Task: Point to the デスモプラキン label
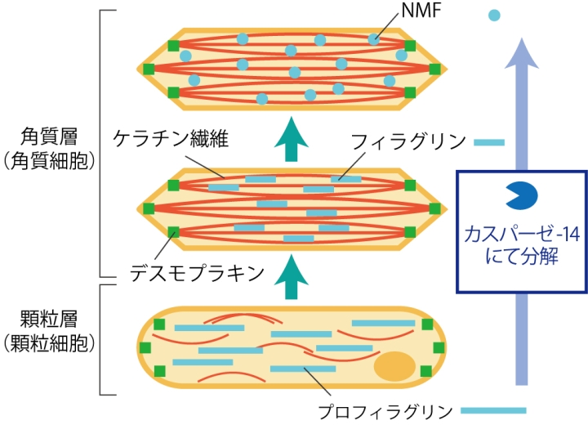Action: coord(197,272)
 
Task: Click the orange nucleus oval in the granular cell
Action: coord(395,367)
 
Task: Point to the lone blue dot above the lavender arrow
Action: coord(493,14)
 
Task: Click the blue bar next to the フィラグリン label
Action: coord(489,142)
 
